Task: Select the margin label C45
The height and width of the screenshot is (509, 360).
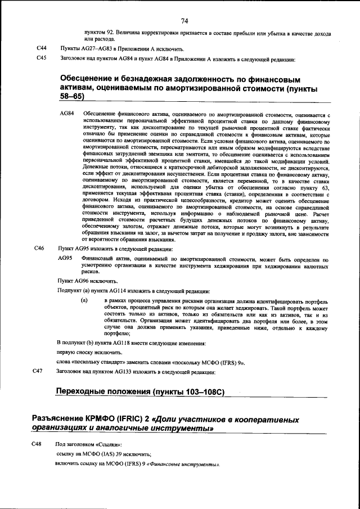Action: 41,58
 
